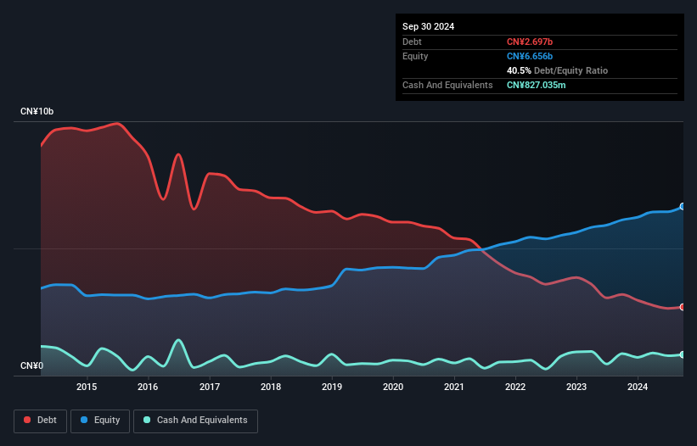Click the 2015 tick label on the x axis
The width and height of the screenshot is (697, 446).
(x=87, y=387)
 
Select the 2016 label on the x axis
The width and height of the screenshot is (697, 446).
(x=148, y=387)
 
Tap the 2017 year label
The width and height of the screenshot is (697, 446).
(x=210, y=387)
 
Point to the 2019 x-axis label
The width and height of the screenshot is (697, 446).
(x=332, y=387)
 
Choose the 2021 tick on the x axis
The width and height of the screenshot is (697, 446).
(x=454, y=387)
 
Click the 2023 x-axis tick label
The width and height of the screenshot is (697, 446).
(x=576, y=387)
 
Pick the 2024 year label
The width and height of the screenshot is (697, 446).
(x=638, y=387)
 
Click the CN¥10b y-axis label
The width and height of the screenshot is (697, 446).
(x=37, y=112)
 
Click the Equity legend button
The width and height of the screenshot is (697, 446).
(x=100, y=421)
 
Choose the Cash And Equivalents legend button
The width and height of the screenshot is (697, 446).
(x=195, y=421)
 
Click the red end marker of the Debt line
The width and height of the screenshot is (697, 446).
(x=683, y=307)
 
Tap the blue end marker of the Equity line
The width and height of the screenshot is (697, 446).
(x=683, y=206)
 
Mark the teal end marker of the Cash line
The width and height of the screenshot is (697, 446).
(x=683, y=354)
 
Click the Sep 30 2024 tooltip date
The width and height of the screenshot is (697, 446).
(x=428, y=26)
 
